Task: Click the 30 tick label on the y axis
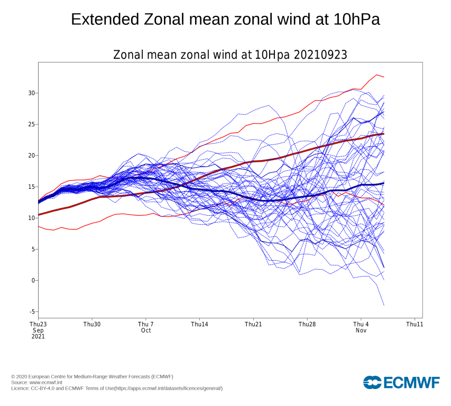coord(32,93)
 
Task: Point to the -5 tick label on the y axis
coord(32,312)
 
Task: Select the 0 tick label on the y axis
coord(33,281)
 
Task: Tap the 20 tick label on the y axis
coord(32,155)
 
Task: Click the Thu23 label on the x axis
coord(38,324)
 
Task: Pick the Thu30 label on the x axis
coord(92,324)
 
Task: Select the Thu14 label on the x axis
coord(199,324)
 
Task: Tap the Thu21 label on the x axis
coord(253,324)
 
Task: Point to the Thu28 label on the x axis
coord(307,324)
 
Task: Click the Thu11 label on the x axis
coord(415,324)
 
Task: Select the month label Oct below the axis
coord(146,330)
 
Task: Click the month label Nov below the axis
coord(361,330)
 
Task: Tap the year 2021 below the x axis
coord(38,337)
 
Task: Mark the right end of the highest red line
coord(384,77)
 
